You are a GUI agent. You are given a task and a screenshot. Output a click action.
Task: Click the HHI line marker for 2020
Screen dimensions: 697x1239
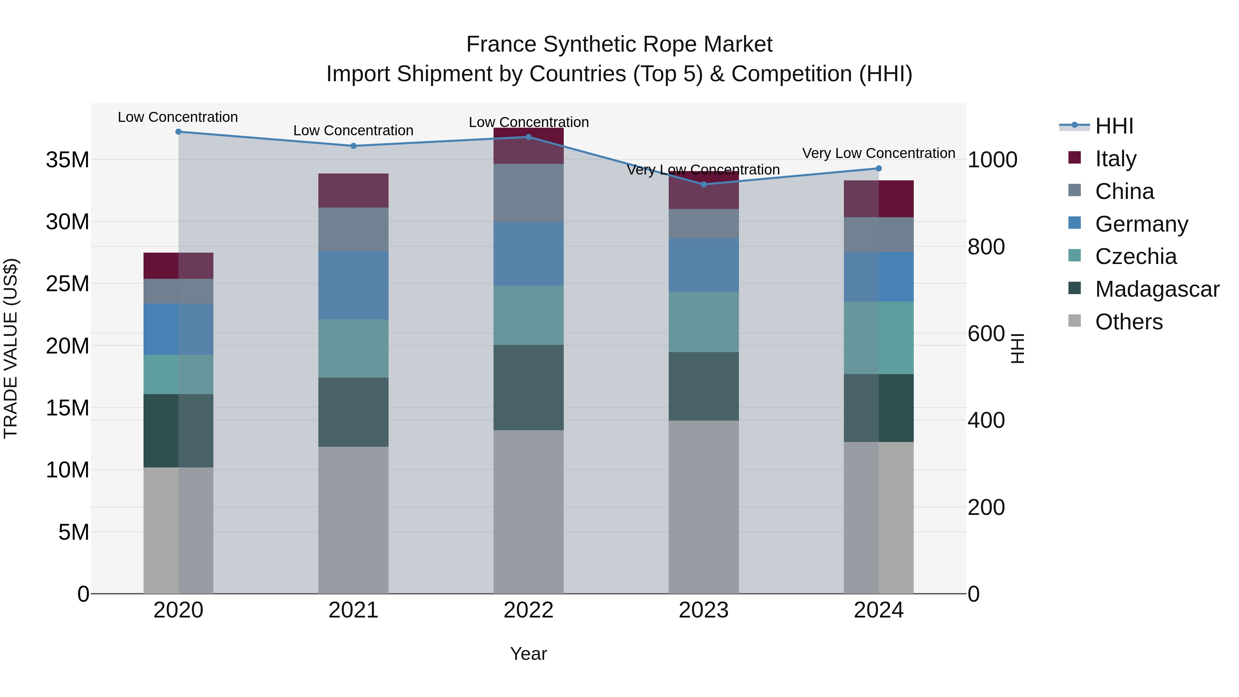[178, 132]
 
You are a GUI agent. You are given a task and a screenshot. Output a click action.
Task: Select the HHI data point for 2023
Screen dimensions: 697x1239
[704, 184]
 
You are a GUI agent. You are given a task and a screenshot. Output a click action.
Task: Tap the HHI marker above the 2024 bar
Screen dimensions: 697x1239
[879, 168]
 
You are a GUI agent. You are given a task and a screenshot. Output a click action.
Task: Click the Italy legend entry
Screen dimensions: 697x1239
[1115, 158]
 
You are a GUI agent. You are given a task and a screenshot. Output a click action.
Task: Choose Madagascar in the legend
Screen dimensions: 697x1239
[1157, 289]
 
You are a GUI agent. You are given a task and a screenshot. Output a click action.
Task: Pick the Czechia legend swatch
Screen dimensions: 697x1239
[1074, 255]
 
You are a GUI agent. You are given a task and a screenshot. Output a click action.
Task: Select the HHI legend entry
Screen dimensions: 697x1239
[1114, 126]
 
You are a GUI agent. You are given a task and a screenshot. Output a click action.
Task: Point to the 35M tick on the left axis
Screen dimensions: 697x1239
[67, 160]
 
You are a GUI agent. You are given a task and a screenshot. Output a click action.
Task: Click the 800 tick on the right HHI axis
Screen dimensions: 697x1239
[986, 247]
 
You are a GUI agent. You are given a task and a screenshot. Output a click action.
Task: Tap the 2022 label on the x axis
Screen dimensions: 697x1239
[529, 610]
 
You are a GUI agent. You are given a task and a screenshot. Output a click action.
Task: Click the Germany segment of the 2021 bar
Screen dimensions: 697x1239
[353, 285]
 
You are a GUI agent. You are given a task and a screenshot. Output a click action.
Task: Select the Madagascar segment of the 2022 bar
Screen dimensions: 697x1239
[529, 387]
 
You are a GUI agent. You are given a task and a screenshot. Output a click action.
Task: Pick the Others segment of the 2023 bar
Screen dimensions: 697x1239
[704, 507]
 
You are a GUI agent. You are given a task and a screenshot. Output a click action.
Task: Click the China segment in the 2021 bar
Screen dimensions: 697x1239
[353, 230]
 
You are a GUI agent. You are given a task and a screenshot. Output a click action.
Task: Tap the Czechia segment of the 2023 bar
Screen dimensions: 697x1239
[704, 322]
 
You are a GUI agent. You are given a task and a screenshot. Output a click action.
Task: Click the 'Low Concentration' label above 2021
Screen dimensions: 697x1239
[353, 130]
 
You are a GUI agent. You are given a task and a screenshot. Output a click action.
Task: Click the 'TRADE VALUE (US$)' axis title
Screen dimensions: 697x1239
[11, 348]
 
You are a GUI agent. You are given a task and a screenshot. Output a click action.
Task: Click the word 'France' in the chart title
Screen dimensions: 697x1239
[502, 45]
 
